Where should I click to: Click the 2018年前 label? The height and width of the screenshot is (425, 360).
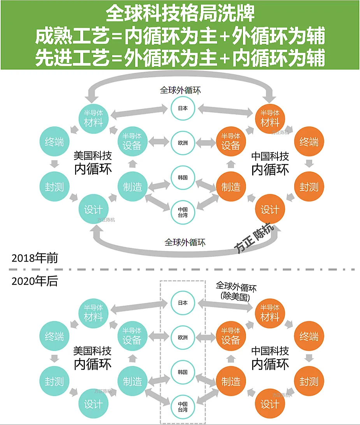pos(35,258)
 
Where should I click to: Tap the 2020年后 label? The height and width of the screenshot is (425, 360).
pos(35,281)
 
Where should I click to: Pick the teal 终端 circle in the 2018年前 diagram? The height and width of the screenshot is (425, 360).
pos(54,142)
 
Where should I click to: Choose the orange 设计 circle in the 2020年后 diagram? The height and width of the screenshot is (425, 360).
pos(270,404)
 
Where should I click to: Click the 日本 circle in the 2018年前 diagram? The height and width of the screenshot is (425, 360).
pos(183,108)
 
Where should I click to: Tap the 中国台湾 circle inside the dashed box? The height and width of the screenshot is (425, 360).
pos(183,407)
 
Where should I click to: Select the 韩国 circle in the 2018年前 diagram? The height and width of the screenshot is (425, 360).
pos(183,177)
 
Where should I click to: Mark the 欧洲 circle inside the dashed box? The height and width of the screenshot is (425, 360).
pos(183,337)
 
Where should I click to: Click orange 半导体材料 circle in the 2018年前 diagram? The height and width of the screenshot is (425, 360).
pos(270,119)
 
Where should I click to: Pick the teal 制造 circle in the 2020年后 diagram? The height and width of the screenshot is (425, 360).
pos(133,381)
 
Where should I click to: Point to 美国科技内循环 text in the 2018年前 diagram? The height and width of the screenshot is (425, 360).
pos(93,163)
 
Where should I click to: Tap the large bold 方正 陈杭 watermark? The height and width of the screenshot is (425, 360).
pos(254,238)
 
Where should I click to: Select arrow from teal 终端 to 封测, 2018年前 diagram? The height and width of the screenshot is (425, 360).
pos(54,164)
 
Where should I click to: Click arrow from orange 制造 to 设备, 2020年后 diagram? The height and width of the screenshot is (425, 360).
pos(231,358)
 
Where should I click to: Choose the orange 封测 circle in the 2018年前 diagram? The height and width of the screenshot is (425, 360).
pos(309,186)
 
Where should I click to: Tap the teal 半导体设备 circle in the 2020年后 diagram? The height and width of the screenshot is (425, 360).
pos(133,336)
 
